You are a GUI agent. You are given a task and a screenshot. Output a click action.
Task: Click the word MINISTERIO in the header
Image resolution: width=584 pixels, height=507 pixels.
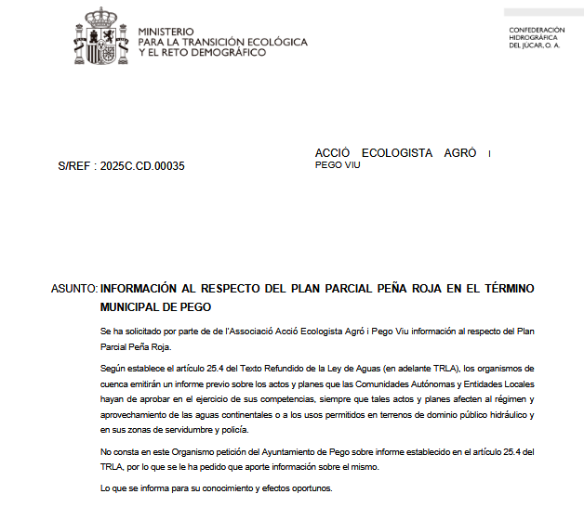coord(166,32)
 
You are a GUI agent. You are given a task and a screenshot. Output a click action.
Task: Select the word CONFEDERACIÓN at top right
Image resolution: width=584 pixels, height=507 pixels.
coord(538,30)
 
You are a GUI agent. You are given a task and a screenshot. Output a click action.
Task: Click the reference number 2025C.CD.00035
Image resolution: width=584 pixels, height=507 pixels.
coord(142,166)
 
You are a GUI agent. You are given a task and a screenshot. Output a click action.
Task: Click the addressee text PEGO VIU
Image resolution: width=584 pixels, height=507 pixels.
coord(338,164)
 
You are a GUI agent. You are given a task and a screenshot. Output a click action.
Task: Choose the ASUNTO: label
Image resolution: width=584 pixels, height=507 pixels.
coord(73,289)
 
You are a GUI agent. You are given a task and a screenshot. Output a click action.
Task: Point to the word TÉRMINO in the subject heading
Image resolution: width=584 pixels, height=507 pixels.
coord(501,289)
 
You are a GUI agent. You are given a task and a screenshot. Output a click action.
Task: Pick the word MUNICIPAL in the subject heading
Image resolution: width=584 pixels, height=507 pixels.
coord(133,305)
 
